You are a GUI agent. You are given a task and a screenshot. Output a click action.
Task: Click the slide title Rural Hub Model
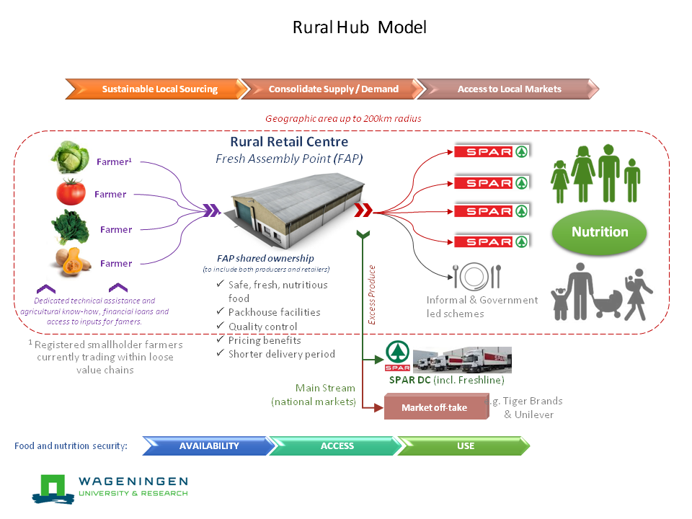click(359, 28)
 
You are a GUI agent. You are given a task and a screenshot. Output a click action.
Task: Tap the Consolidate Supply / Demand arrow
click(332, 89)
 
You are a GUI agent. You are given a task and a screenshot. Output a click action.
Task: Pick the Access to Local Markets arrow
click(508, 89)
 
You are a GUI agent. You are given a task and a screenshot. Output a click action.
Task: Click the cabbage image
click(69, 158)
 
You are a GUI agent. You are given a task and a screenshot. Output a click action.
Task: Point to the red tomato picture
click(71, 192)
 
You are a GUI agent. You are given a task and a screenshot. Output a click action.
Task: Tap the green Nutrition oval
click(600, 232)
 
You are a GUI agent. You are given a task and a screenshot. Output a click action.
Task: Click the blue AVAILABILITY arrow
click(208, 446)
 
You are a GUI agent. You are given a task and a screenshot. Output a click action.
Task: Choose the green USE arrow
click(466, 446)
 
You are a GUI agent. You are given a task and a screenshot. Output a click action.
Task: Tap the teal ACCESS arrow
click(337, 446)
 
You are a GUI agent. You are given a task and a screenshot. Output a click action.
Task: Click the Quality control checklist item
click(262, 327)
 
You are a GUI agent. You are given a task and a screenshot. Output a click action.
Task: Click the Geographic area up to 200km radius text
click(343, 118)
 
